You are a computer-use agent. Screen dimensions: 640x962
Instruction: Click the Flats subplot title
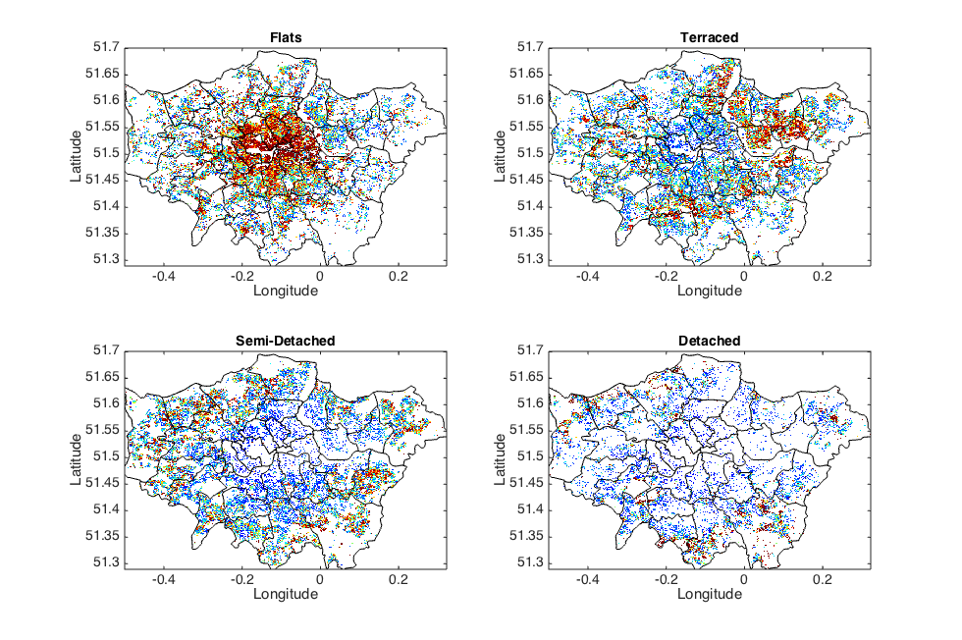coord(286,38)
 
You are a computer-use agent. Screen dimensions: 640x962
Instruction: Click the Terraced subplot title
coord(709,38)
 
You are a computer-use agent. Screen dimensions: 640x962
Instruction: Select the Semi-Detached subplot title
coord(286,341)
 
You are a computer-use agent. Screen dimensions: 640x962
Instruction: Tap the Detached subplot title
coord(709,341)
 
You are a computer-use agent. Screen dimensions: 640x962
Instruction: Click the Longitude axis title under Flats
coord(286,292)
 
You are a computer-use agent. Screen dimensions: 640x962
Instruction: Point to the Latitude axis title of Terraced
coord(498,153)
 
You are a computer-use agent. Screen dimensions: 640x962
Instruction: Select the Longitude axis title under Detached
coord(709,594)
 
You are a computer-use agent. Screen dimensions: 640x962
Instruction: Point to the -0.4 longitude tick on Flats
coord(164,277)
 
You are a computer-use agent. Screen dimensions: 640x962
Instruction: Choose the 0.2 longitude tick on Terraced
coord(822,277)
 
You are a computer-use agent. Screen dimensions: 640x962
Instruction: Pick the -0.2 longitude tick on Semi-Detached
coord(241,579)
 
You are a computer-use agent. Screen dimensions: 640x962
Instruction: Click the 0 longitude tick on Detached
coord(744,579)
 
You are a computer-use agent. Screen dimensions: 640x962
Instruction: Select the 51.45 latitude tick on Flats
coord(103,180)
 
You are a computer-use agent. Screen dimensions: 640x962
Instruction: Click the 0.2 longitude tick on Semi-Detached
coord(398,579)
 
